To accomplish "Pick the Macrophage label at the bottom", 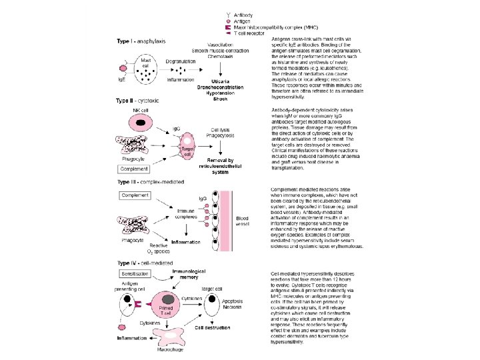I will click(x=171, y=349).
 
